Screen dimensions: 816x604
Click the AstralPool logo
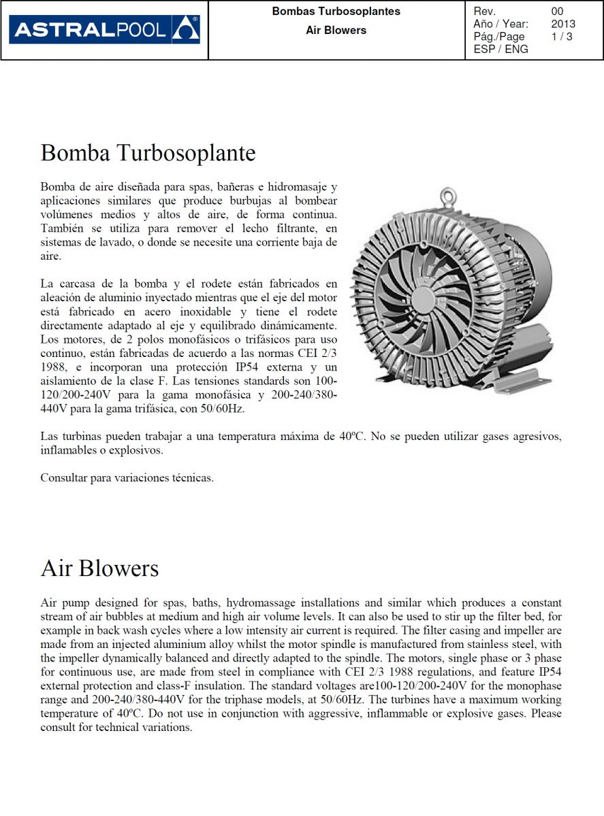click(x=104, y=30)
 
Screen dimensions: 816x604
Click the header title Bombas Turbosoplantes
click(x=336, y=12)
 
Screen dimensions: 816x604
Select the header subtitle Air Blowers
click(x=336, y=31)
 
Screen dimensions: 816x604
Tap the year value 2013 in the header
click(x=563, y=24)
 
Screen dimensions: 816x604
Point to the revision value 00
click(x=558, y=12)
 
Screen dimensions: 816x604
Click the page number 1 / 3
click(x=562, y=37)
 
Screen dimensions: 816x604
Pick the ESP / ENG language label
click(x=500, y=49)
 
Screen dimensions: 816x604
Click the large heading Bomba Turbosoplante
click(x=148, y=153)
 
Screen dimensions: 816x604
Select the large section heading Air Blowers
click(x=99, y=568)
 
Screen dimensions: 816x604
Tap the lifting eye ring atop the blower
click(x=447, y=196)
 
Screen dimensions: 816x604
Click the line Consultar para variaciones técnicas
click(x=127, y=478)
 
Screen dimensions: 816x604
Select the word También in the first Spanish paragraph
click(x=63, y=228)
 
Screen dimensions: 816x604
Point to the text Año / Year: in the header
click(x=500, y=24)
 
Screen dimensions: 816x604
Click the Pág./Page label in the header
click(x=499, y=37)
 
